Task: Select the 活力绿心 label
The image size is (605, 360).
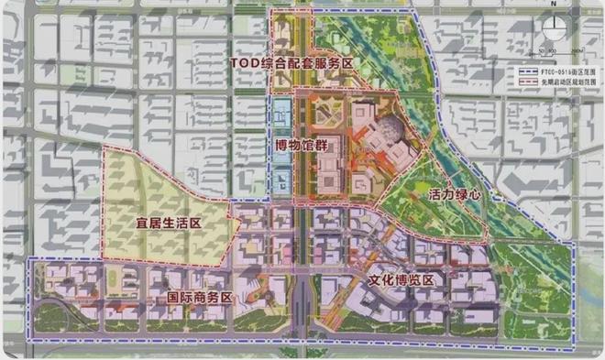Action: (x=454, y=195)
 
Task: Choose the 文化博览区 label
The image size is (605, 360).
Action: (x=399, y=280)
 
